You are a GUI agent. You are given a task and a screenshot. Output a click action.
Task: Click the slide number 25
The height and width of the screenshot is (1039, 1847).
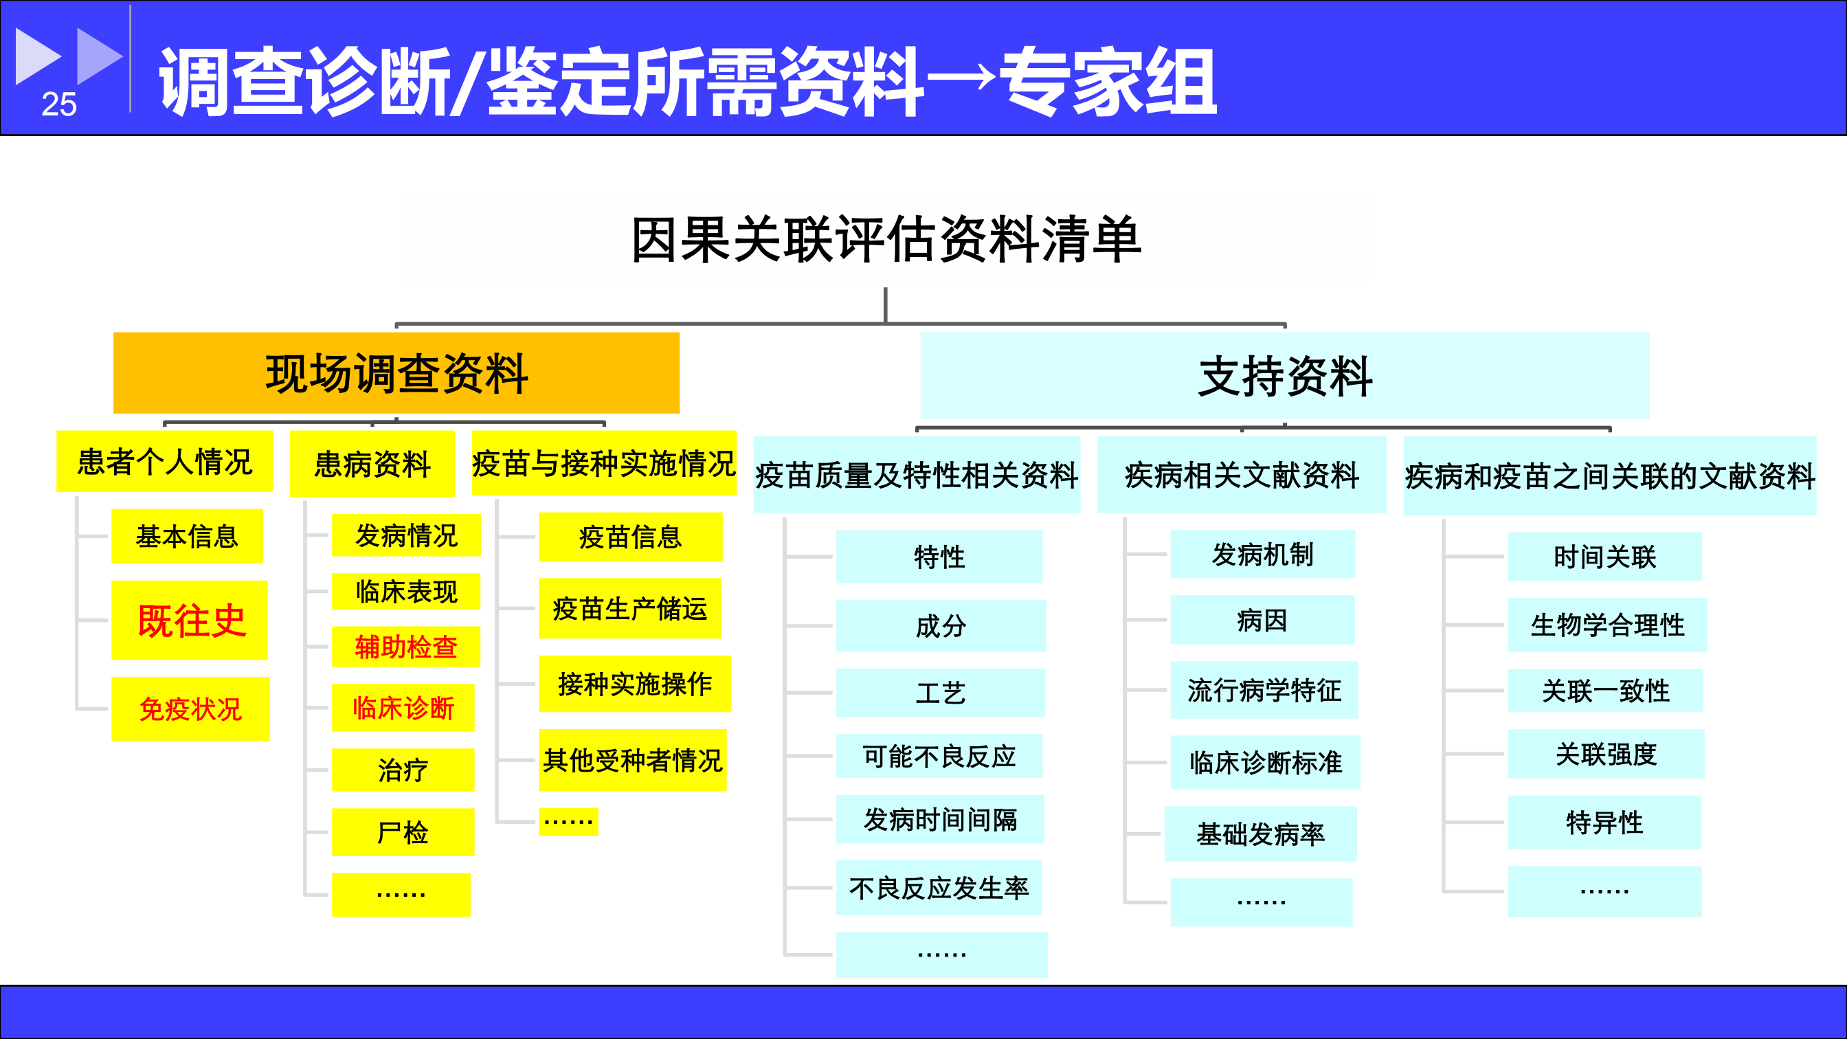59,104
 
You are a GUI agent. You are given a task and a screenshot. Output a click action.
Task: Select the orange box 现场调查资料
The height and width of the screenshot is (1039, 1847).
396,373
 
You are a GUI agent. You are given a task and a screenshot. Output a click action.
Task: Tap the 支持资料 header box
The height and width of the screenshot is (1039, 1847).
1284,376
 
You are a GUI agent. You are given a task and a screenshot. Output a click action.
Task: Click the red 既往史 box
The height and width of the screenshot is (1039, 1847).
190,621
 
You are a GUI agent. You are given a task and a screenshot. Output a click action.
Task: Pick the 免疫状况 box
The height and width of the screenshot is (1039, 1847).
191,708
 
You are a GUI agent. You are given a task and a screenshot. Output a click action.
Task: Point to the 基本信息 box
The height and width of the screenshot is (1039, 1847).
187,537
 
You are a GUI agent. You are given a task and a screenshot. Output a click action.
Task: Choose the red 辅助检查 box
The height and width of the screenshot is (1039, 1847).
406,647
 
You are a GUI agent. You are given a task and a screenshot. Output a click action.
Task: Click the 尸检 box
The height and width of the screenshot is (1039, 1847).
403,831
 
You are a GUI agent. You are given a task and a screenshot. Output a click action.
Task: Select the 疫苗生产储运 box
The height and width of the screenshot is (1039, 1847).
629,608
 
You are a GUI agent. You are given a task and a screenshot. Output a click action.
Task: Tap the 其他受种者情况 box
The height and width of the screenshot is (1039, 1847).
632,760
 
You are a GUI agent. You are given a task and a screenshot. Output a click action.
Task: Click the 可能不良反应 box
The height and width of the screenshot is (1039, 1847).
939,756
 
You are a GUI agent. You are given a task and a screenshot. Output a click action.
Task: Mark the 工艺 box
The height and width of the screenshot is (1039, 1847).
941,693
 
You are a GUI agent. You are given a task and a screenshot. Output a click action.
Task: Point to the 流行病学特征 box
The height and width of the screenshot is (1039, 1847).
1264,690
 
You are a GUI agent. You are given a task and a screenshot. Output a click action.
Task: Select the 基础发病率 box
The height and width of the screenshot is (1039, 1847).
1260,834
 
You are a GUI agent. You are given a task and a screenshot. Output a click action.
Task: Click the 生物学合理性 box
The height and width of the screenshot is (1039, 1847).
1607,625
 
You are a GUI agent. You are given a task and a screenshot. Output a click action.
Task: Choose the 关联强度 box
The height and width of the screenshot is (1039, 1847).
1606,754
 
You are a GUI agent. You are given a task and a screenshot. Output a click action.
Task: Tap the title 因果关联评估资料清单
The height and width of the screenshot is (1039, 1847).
886,240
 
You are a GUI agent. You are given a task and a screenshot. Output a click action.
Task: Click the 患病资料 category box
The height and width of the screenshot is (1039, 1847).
372,464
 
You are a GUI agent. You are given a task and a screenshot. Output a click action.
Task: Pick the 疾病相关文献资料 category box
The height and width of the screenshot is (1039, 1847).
1242,475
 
